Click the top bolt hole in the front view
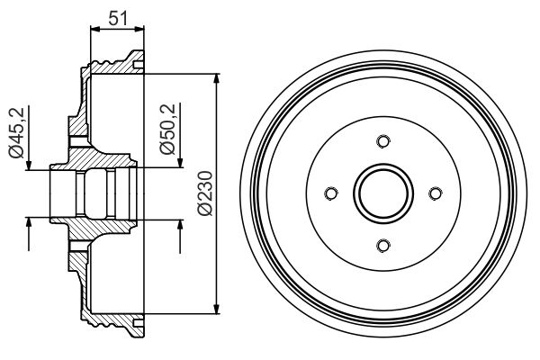coord(382,140)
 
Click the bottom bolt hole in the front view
coord(382,245)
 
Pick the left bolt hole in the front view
coord(330,193)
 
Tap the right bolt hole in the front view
coord(435,193)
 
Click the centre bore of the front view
coord(382,193)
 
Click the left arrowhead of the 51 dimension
coord(94,30)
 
